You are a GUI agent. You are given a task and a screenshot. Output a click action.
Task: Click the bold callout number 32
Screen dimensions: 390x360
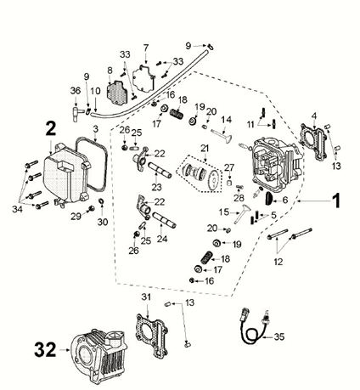coord(46,348)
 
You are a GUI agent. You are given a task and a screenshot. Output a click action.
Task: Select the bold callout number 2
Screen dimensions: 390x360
coord(52,128)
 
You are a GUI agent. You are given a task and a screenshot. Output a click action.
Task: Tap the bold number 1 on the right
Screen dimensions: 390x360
coord(335,201)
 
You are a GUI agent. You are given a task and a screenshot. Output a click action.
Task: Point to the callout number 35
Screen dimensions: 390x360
coord(280,336)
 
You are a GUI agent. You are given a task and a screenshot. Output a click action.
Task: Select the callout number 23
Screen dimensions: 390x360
coord(156,187)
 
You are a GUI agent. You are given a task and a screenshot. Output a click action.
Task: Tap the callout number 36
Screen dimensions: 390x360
coord(75,92)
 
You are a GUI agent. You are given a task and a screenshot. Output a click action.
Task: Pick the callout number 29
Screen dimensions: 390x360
coord(76,218)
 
